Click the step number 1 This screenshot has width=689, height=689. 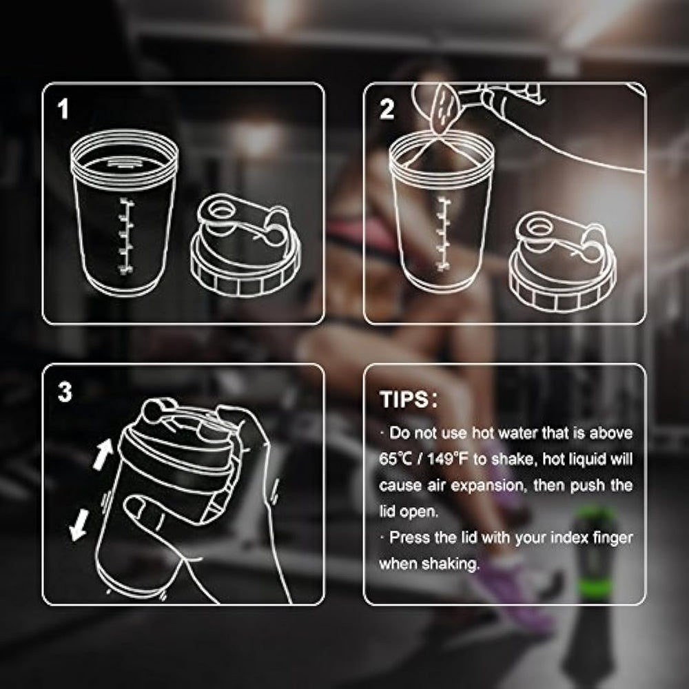click(63, 109)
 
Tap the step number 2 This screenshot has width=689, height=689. click(387, 109)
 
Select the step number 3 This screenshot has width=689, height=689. click(65, 391)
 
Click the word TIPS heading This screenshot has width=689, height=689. click(404, 400)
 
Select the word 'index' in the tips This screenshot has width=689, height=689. click(569, 537)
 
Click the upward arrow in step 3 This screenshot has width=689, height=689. click(103, 453)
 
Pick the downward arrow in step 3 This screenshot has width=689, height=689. click(79, 525)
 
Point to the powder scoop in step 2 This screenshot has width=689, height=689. click(444, 110)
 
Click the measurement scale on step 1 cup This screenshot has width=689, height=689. click(126, 236)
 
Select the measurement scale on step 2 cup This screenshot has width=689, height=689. click(444, 234)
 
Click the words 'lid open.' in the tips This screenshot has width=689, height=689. click(409, 511)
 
